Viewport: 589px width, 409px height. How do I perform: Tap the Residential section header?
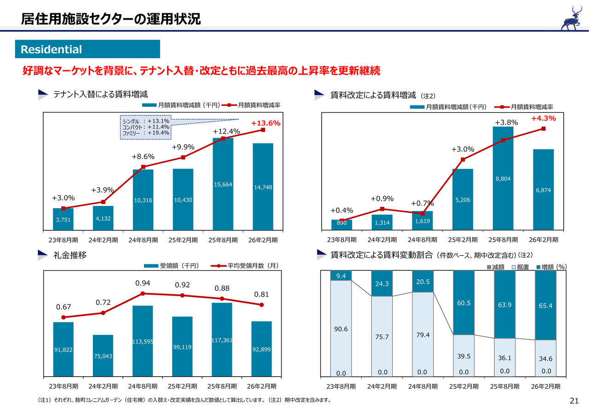tap(87, 49)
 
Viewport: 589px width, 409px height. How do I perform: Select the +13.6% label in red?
tap(266, 123)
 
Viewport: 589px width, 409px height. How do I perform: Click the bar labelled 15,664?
tap(223, 184)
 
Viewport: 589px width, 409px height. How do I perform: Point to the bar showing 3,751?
tap(63, 219)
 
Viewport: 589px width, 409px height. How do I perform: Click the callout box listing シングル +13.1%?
tap(145, 127)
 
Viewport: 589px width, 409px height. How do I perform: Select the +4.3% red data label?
tap(543, 118)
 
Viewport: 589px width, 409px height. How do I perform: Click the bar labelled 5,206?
tap(462, 199)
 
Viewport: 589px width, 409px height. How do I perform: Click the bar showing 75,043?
tap(103, 356)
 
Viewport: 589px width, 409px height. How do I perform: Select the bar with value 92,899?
tap(261, 349)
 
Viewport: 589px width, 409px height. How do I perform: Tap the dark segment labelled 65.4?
tap(546, 305)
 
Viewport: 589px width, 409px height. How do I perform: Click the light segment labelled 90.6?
tap(341, 328)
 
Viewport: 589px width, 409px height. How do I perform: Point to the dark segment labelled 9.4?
tap(341, 275)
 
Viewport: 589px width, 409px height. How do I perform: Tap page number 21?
tap(573, 400)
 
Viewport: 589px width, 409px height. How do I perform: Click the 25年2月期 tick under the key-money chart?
tap(183, 386)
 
